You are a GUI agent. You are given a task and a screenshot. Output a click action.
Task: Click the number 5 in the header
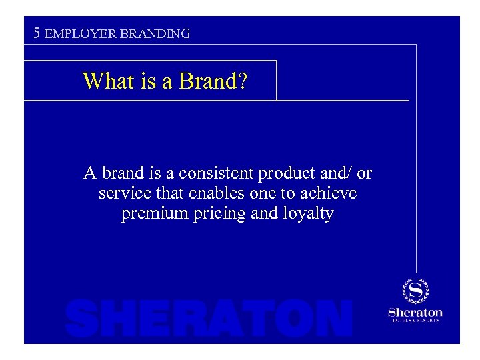[38, 32]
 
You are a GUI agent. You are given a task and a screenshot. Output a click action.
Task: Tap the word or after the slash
[364, 175]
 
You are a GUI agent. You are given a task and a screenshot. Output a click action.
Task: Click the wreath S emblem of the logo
[415, 291]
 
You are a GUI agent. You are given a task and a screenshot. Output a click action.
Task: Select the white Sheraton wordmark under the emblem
[415, 312]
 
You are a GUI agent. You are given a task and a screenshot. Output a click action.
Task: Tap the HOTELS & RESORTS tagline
[415, 321]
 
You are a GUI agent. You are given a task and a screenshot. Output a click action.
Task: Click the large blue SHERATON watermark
[209, 318]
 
